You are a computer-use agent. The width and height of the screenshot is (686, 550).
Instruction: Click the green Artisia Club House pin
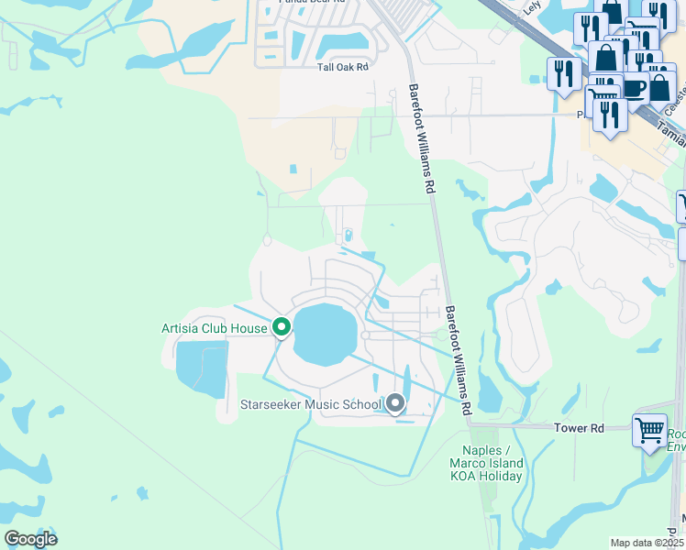pos(282,326)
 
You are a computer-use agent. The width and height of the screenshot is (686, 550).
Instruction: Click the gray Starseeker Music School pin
pos(395,402)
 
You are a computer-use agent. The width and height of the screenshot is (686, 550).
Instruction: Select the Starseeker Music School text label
pos(311,404)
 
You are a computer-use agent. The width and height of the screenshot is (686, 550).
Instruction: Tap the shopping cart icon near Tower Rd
pos(649,429)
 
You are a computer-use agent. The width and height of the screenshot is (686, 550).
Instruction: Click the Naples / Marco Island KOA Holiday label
pos(485,464)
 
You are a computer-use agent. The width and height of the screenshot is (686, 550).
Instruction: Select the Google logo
pos(30,538)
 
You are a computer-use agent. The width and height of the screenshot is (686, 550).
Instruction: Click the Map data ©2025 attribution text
pos(646,543)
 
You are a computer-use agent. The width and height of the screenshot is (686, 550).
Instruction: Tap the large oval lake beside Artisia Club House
pos(325,335)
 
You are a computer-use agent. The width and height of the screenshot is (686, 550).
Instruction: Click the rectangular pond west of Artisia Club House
pos(201,368)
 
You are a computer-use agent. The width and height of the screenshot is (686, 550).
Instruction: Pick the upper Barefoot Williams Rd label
pos(420,137)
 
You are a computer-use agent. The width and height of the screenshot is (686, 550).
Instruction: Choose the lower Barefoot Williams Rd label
pos(458,357)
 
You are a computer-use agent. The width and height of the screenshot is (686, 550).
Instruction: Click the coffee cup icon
pos(633,89)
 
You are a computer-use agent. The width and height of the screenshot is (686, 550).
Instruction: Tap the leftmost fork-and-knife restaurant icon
pos(561,73)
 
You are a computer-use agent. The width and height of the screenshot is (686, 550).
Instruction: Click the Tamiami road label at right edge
pos(671,135)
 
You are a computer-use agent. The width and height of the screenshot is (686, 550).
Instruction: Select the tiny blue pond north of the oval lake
pos(349,236)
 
